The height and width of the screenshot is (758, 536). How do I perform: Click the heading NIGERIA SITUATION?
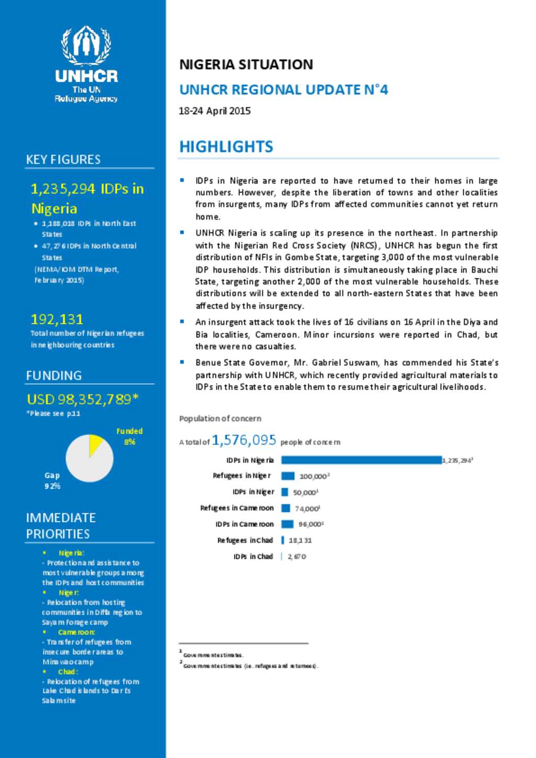(246, 64)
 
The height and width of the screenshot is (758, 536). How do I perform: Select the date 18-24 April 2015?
(215, 111)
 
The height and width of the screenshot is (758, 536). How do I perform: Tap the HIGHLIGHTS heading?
(226, 146)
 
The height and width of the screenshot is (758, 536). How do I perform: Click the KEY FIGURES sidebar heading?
(63, 160)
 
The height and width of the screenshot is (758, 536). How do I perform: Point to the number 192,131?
(57, 319)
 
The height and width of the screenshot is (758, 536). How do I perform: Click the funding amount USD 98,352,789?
(82, 399)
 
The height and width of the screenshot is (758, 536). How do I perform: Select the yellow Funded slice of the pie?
(95, 444)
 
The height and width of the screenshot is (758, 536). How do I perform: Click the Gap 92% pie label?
(52, 480)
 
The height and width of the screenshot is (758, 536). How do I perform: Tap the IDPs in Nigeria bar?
(361, 460)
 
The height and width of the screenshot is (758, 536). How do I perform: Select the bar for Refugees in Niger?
(288, 476)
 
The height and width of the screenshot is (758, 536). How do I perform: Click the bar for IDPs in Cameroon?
(287, 524)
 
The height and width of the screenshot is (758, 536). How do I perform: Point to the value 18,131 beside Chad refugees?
(300, 540)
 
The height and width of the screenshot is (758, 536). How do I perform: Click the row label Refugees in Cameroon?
(237, 508)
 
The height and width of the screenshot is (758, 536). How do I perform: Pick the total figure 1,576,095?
(243, 440)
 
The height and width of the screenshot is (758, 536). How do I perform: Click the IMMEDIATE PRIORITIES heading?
(61, 526)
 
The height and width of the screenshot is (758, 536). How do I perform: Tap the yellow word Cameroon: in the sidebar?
(76, 632)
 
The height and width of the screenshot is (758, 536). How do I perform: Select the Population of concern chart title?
(220, 418)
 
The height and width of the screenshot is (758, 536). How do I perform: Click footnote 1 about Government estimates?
(213, 655)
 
